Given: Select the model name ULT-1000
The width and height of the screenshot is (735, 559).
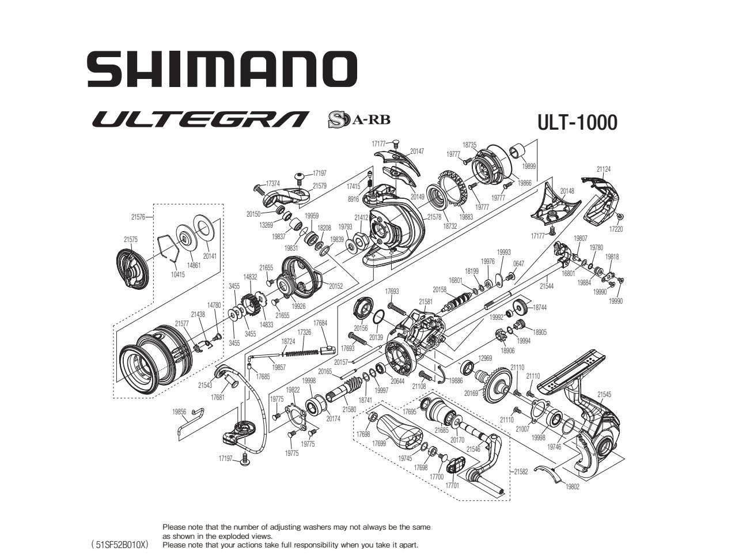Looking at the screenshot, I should point(577,122).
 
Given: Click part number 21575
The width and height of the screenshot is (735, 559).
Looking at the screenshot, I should point(130,239).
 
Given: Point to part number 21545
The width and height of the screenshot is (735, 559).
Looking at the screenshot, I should point(604,395).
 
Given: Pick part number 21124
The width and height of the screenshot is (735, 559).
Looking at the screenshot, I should point(604,169).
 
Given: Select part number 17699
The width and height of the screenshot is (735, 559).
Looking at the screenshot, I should point(378,444).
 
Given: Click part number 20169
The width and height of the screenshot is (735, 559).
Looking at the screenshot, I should point(472,394).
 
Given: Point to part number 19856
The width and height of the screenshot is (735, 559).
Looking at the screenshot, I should point(179,412).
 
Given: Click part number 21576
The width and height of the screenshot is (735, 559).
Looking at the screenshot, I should point(138,217).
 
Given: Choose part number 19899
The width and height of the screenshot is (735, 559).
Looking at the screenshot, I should point(529,166).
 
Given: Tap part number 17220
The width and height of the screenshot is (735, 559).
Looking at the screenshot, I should point(616,229).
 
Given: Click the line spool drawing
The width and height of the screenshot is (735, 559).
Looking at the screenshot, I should point(154,357).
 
